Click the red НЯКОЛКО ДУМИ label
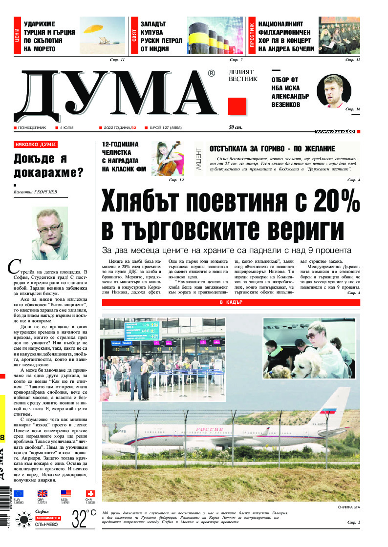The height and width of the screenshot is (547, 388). [x=36, y=145]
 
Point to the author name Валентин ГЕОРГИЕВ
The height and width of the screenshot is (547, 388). [x=36, y=192]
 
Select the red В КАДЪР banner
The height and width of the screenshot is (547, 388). [x=231, y=303]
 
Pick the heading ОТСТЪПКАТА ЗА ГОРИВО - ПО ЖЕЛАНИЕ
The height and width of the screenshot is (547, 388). [x=272, y=149]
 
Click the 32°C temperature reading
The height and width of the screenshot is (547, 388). [x=84, y=519]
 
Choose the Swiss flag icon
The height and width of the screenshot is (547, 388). [x=90, y=493]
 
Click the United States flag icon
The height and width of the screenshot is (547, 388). [x=65, y=493]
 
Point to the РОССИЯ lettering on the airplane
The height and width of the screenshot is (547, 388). [x=210, y=429]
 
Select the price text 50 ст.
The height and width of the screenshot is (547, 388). [x=236, y=128]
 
